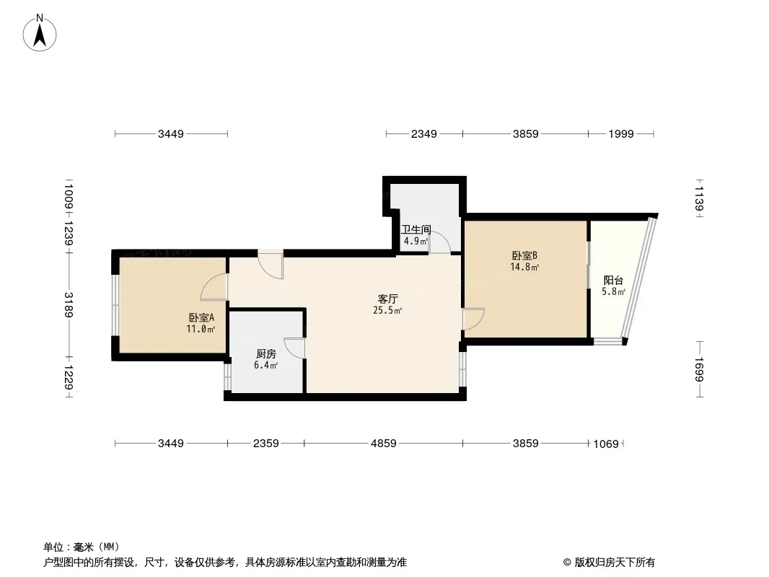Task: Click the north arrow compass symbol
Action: [x=40, y=33]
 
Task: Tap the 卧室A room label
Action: [x=201, y=317]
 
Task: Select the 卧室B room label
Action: [x=524, y=255]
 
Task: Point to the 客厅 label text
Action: [x=387, y=299]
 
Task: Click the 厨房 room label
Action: [x=265, y=353]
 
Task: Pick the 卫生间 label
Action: [x=416, y=229]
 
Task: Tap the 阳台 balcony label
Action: [x=613, y=281]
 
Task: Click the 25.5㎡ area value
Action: [x=387, y=310]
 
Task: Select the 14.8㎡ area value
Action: [x=524, y=267]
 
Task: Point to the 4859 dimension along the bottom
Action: [x=384, y=443]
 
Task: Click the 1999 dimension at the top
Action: [x=621, y=134]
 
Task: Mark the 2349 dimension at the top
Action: [x=423, y=134]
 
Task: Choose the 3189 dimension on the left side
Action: [x=69, y=305]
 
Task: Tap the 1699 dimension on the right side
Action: [x=699, y=369]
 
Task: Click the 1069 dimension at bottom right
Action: [x=606, y=444]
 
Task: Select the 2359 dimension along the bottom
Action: [x=265, y=443]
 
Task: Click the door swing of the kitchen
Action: [x=294, y=348]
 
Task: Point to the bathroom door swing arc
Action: [x=440, y=242]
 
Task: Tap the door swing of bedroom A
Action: [x=214, y=287]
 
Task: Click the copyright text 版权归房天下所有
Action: [x=615, y=563]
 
